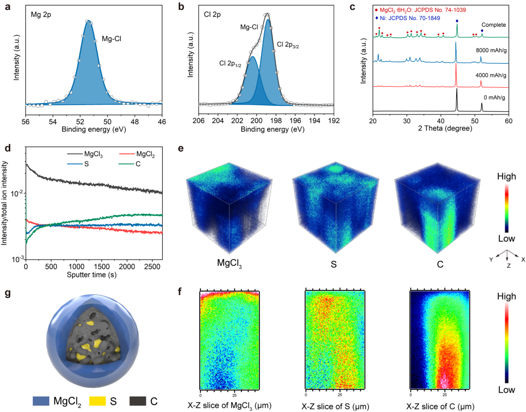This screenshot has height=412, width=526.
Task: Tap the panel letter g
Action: tap(7, 294)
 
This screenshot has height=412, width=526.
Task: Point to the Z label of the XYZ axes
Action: tap(508, 267)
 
